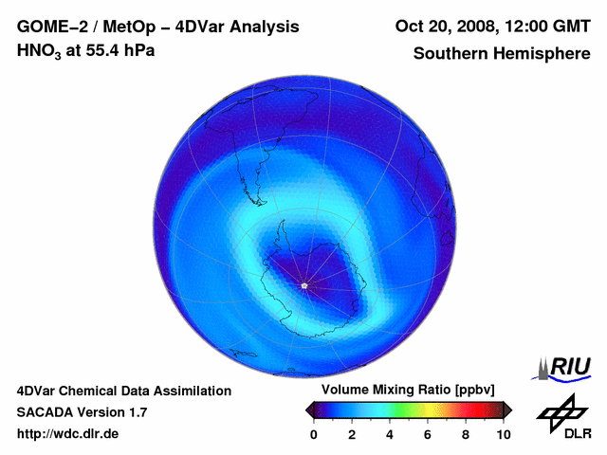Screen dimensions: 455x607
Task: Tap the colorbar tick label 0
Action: [x=314, y=433]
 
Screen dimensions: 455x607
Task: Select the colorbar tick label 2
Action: [x=352, y=433]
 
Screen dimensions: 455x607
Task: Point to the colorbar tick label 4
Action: [x=390, y=433]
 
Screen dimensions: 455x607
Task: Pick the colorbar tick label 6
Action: [x=428, y=433]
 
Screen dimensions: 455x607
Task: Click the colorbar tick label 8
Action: [x=466, y=433]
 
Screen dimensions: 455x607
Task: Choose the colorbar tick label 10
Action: [x=504, y=433]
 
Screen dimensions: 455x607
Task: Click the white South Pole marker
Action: [x=303, y=285]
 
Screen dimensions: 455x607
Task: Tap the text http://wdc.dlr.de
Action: [x=68, y=434]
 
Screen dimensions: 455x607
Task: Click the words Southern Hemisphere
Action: [x=502, y=53]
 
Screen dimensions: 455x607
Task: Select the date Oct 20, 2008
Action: [x=444, y=27]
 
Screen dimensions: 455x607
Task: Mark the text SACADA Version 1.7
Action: [x=82, y=412]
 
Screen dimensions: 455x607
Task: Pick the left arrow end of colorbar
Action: [x=310, y=409]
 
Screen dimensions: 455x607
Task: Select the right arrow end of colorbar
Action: [x=507, y=409]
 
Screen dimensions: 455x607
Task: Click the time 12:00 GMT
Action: [x=547, y=27]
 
